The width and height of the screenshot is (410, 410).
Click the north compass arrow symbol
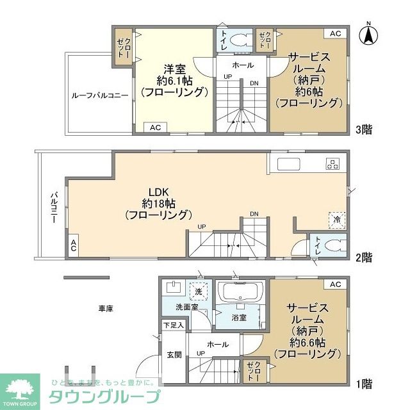pyautogui.click(x=368, y=35)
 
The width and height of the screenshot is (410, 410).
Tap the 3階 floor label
pyautogui.click(x=364, y=129)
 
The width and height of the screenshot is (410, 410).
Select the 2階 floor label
pyautogui.click(x=364, y=258)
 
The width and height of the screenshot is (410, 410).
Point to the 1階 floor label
pyautogui.click(x=365, y=384)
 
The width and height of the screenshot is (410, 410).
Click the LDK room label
pyautogui.click(x=159, y=192)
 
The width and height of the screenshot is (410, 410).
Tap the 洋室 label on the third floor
pyautogui.click(x=174, y=69)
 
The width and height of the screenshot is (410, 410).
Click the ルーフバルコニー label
pyautogui.click(x=100, y=95)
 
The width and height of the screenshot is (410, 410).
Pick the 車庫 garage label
pyautogui.click(x=106, y=309)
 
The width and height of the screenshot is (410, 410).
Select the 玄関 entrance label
pyautogui.click(x=174, y=354)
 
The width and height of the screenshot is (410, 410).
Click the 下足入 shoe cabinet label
pyautogui.click(x=174, y=325)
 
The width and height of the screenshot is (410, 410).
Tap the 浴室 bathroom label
pyautogui.click(x=239, y=318)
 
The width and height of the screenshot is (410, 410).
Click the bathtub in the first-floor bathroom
pyautogui.click(x=240, y=292)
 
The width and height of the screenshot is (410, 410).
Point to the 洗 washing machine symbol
pyautogui.click(x=199, y=291)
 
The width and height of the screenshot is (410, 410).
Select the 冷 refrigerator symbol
pyautogui.click(x=337, y=220)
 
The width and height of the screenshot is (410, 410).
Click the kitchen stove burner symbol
pyautogui.click(x=332, y=164)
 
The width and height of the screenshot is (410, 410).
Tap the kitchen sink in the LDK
pyautogui.click(x=289, y=164)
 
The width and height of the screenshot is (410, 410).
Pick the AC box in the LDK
pyautogui.click(x=74, y=245)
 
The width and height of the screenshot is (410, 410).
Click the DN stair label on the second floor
pyautogui.click(x=254, y=213)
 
